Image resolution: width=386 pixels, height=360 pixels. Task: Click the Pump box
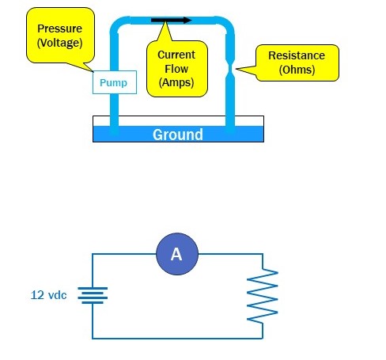pyautogui.click(x=115, y=82)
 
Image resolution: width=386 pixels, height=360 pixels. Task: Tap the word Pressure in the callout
pyautogui.click(x=60, y=28)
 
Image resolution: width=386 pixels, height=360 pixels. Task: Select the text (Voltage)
pyautogui.click(x=60, y=43)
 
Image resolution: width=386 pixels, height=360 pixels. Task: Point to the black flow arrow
pyautogui.click(x=171, y=21)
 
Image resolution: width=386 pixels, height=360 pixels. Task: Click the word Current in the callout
pyautogui.click(x=176, y=55)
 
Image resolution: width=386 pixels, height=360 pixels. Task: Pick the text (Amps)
pyautogui.click(x=176, y=82)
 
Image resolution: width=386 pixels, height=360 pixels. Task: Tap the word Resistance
pyautogui.click(x=297, y=55)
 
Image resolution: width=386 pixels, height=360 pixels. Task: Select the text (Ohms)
pyautogui.click(x=297, y=70)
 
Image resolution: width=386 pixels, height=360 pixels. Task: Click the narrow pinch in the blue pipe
pyautogui.click(x=230, y=69)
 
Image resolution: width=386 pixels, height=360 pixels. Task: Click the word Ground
pyautogui.click(x=178, y=135)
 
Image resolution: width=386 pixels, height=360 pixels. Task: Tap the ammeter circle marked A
pyautogui.click(x=177, y=254)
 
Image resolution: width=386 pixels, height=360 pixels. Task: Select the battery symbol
pyautogui.click(x=93, y=295)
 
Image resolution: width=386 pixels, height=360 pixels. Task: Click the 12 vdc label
pyautogui.click(x=49, y=295)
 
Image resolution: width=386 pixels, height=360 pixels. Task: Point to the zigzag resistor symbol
pyautogui.click(x=263, y=295)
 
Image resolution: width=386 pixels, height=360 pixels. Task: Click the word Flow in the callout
pyautogui.click(x=176, y=69)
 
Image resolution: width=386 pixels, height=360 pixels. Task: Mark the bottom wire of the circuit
pyautogui.click(x=177, y=339)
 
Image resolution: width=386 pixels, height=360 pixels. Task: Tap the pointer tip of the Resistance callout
pyautogui.click(x=236, y=69)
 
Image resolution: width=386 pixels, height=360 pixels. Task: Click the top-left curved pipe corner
pyautogui.click(x=118, y=25)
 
